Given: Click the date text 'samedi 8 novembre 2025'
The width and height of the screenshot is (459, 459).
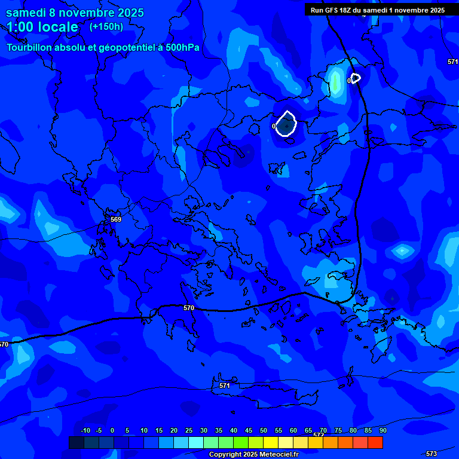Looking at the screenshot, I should point(75,13).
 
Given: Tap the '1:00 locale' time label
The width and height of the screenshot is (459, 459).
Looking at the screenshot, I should point(42,27).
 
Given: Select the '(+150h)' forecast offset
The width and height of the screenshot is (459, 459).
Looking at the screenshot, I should point(106,27).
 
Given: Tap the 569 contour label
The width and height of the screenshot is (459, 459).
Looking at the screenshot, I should point(116,219).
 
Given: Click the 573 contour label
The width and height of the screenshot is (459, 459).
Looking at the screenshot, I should point(432,454).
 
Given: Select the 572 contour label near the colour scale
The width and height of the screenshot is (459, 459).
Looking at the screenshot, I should point(319,434).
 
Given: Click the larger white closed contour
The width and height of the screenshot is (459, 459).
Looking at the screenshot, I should point(287,124).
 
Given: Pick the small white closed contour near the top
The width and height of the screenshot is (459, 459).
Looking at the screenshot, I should point(356,78).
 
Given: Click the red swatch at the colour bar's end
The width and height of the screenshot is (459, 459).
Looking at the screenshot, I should point(375,443).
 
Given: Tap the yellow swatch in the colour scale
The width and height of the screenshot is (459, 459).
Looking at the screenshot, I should point(271,443).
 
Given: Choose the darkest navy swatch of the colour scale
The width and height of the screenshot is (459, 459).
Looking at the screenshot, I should point(76,443).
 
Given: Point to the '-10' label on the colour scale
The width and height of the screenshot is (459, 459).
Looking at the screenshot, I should point(85,430).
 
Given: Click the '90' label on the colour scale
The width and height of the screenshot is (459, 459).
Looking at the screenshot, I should point(382,430).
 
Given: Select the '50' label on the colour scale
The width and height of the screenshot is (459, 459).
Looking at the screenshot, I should point(264,430).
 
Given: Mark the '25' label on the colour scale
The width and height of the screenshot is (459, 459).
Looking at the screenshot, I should point(189,430).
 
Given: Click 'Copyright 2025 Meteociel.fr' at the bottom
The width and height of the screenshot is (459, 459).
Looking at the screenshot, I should point(253,454).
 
